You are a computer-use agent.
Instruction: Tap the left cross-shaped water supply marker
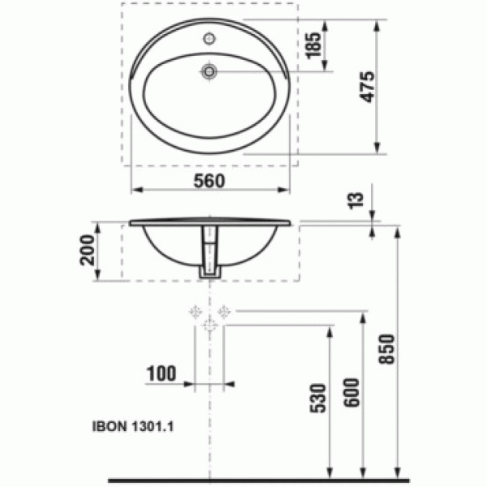pos(195,310)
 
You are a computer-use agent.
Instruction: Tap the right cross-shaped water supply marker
pos(225,310)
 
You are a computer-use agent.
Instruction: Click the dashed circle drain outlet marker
pos(209,326)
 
